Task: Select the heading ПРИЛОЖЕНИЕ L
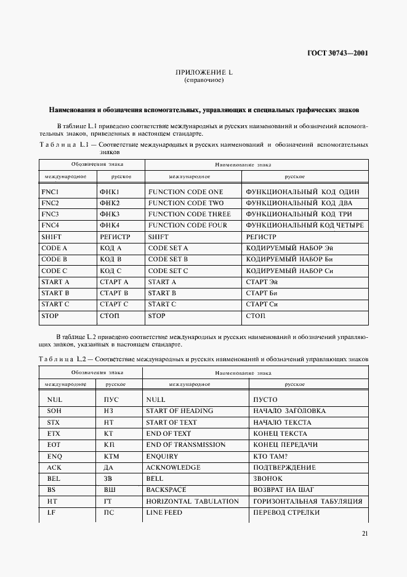coord(204,73)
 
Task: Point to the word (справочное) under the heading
coord(204,81)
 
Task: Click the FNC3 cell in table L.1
coord(50,214)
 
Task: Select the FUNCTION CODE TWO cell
coord(185,203)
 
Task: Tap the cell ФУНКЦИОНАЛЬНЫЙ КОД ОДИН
coord(302,192)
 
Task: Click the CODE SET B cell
coord(168,260)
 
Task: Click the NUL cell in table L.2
coord(54,399)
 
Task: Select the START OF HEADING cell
coord(179,411)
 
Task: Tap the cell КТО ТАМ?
coord(272,456)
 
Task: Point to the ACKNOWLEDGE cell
coord(173,467)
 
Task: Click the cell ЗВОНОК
coord(268,478)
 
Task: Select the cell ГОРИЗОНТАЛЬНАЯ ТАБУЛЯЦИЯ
coord(307,501)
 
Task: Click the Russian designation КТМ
coord(111,456)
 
